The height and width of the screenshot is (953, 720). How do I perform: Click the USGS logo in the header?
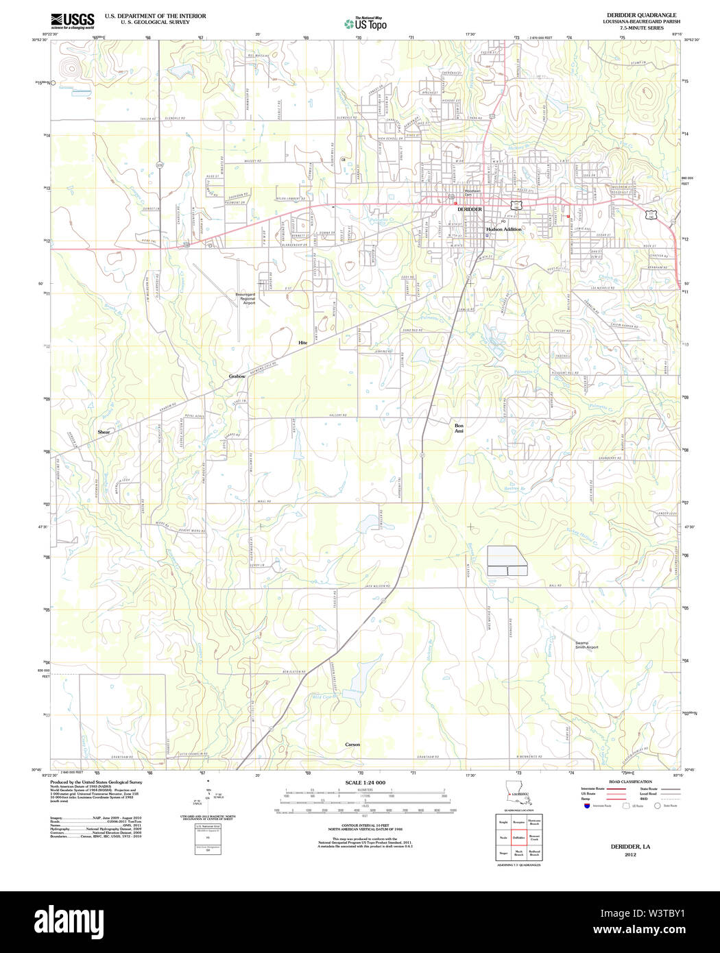pos(72,20)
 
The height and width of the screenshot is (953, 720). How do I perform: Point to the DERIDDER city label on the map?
pos(470,209)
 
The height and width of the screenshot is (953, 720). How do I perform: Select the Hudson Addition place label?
pos(504,229)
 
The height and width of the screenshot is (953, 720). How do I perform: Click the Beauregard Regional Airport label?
pos(245,298)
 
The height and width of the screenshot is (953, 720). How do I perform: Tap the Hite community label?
pos(302,342)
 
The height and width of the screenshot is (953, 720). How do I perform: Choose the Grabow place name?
pos(237,376)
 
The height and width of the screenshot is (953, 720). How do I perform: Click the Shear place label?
pos(104,432)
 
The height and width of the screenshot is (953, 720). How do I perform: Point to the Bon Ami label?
pos(459,428)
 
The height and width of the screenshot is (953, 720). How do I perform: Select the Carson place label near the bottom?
pos(352,745)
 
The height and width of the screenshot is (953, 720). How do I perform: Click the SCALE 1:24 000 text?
pos(365,782)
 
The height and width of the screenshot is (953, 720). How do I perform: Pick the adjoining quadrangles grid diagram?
pos(519,836)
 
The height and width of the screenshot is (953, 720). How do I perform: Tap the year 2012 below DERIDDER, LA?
pos(630,855)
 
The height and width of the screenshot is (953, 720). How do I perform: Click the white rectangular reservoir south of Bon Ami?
pos(507,560)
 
